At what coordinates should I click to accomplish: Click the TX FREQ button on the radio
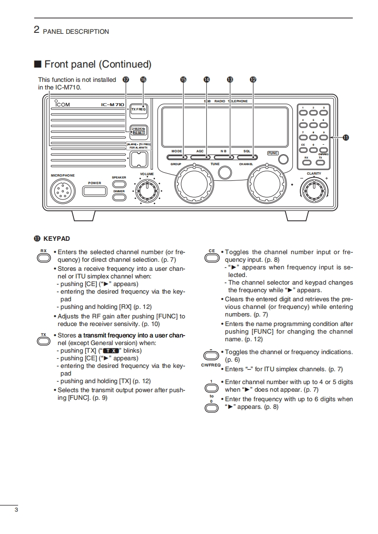(x=139, y=109)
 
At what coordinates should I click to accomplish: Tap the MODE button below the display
(x=177, y=157)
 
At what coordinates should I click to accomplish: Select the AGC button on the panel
(x=200, y=157)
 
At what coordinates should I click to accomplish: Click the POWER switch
(x=94, y=191)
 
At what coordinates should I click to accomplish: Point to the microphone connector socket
(x=62, y=191)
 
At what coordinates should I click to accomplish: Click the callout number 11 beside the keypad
(x=346, y=138)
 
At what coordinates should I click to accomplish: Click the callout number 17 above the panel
(x=125, y=80)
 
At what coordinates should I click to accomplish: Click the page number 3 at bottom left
(x=16, y=511)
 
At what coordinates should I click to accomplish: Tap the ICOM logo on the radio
(x=61, y=105)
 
